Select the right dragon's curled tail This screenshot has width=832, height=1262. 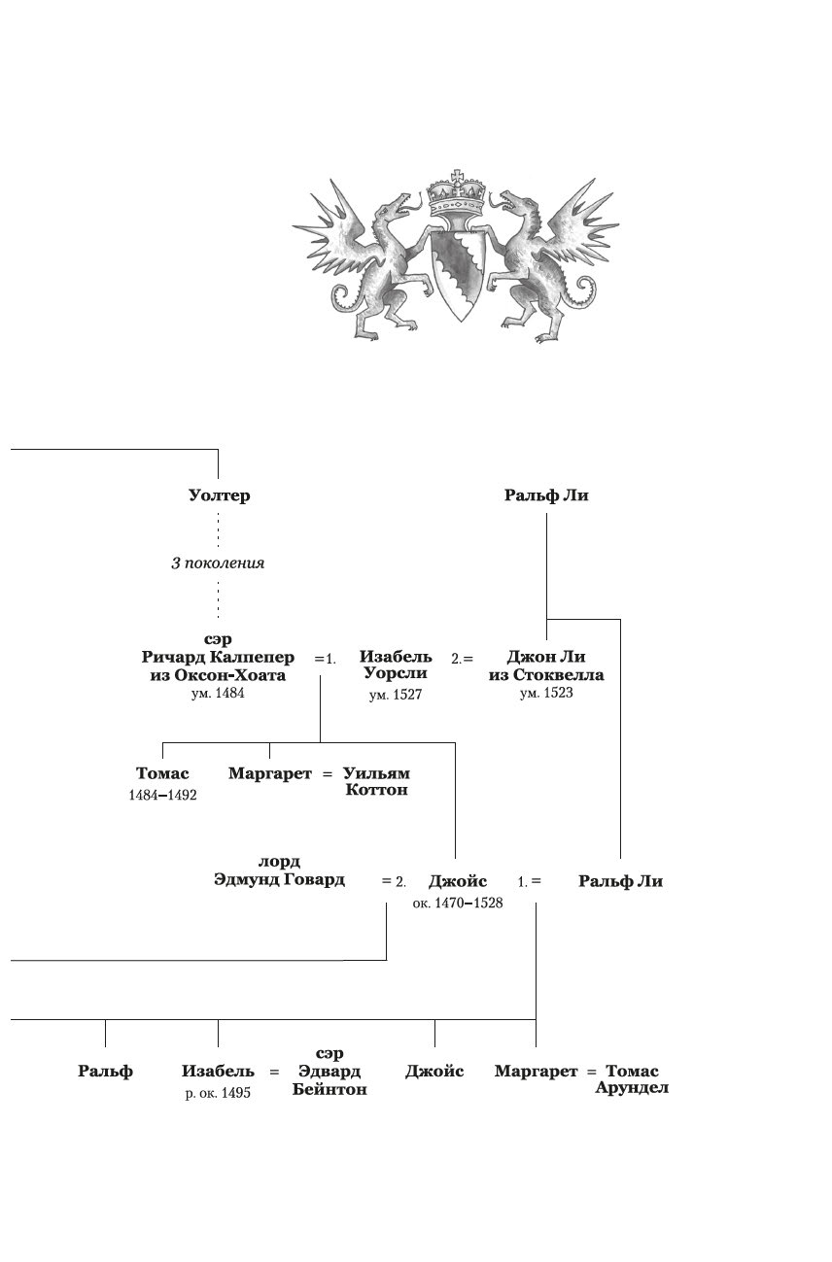click(585, 288)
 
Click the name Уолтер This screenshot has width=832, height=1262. click(219, 495)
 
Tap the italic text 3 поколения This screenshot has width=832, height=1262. click(218, 563)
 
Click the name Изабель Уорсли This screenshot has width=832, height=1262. click(396, 665)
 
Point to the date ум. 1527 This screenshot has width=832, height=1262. click(396, 696)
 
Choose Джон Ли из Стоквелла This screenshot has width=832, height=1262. click(546, 666)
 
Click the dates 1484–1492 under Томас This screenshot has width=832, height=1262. click(162, 794)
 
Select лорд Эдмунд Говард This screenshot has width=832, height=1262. click(279, 871)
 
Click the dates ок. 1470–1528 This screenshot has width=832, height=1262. click(457, 903)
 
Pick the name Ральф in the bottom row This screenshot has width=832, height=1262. click(105, 1072)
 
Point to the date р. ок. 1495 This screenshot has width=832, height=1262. click(218, 1093)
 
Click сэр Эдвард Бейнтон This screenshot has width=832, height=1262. click(329, 1072)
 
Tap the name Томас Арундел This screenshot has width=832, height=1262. click(632, 1079)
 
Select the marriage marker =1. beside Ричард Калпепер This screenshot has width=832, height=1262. click(325, 659)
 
